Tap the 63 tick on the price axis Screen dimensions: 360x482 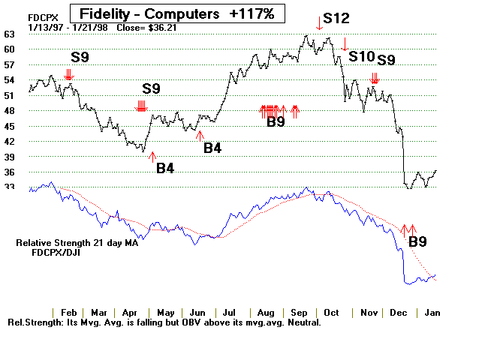click(10, 34)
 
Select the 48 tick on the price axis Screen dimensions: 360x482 click(10, 111)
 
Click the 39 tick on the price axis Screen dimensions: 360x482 click(10, 157)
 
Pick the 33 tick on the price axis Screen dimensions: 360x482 click(10, 187)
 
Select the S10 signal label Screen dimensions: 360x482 click(361, 57)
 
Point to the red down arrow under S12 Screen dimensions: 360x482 click(319, 27)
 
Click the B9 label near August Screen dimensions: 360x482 click(276, 123)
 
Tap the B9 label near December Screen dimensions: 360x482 click(417, 241)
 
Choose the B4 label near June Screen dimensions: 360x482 click(212, 148)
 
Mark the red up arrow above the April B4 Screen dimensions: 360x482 click(153, 156)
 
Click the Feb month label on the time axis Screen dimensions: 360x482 click(68, 312)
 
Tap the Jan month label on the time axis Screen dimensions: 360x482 click(432, 312)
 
